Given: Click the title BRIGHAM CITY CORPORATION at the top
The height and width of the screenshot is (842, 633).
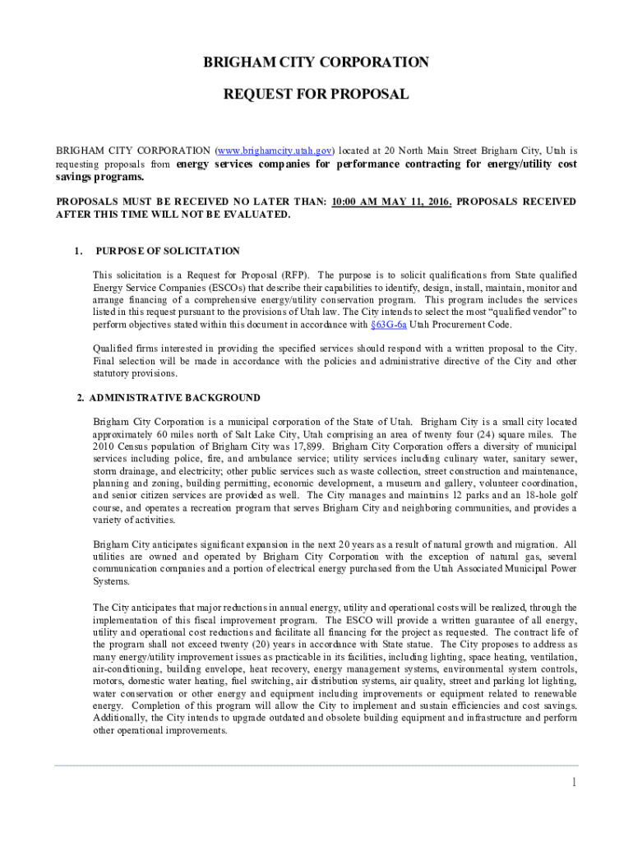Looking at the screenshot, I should coord(316,62).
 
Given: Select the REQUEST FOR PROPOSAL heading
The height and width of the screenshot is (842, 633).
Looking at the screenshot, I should coord(316,95).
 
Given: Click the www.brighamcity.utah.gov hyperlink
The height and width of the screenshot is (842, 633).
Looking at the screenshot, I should coord(274,151).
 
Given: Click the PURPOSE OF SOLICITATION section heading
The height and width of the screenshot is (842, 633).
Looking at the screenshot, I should coord(168,251).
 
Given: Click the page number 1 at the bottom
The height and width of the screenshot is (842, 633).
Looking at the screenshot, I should coord(574,781).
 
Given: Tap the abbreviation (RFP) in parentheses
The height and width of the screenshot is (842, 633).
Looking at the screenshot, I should coord(297,275).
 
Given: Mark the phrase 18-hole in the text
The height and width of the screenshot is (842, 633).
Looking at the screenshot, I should coord(515,495).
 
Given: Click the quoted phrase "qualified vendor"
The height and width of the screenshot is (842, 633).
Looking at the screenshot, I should coord(510,312).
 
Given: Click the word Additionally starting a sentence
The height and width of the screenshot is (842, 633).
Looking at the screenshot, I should coord(120,718).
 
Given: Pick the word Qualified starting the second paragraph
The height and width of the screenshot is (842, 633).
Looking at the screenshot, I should coord(114,349).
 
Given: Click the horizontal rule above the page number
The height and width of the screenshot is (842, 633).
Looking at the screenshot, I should coord(316,766).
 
